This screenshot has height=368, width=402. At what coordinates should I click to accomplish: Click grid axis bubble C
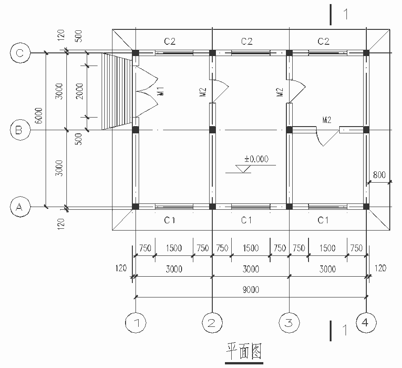(x=19, y=53)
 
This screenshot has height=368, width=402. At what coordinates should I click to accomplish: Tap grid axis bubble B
(x=19, y=130)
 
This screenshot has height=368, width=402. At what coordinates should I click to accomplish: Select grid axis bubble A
(x=19, y=207)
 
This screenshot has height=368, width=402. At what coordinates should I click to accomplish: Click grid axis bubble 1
(x=136, y=322)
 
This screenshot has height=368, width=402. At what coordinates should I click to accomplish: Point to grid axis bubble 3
(x=289, y=322)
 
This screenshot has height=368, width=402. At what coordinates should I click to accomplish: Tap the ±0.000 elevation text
(x=256, y=159)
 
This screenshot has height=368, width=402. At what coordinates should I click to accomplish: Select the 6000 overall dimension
(x=39, y=117)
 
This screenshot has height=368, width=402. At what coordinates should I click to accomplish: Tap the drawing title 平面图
(x=244, y=351)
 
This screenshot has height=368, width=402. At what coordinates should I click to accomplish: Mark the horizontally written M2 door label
(x=327, y=120)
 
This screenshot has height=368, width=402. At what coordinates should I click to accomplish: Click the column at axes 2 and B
(x=212, y=130)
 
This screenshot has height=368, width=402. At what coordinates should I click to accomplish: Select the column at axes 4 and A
(x=366, y=207)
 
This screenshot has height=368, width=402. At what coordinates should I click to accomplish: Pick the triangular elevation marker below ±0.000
(x=244, y=169)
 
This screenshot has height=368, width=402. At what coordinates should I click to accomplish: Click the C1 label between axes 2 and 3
(x=246, y=220)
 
